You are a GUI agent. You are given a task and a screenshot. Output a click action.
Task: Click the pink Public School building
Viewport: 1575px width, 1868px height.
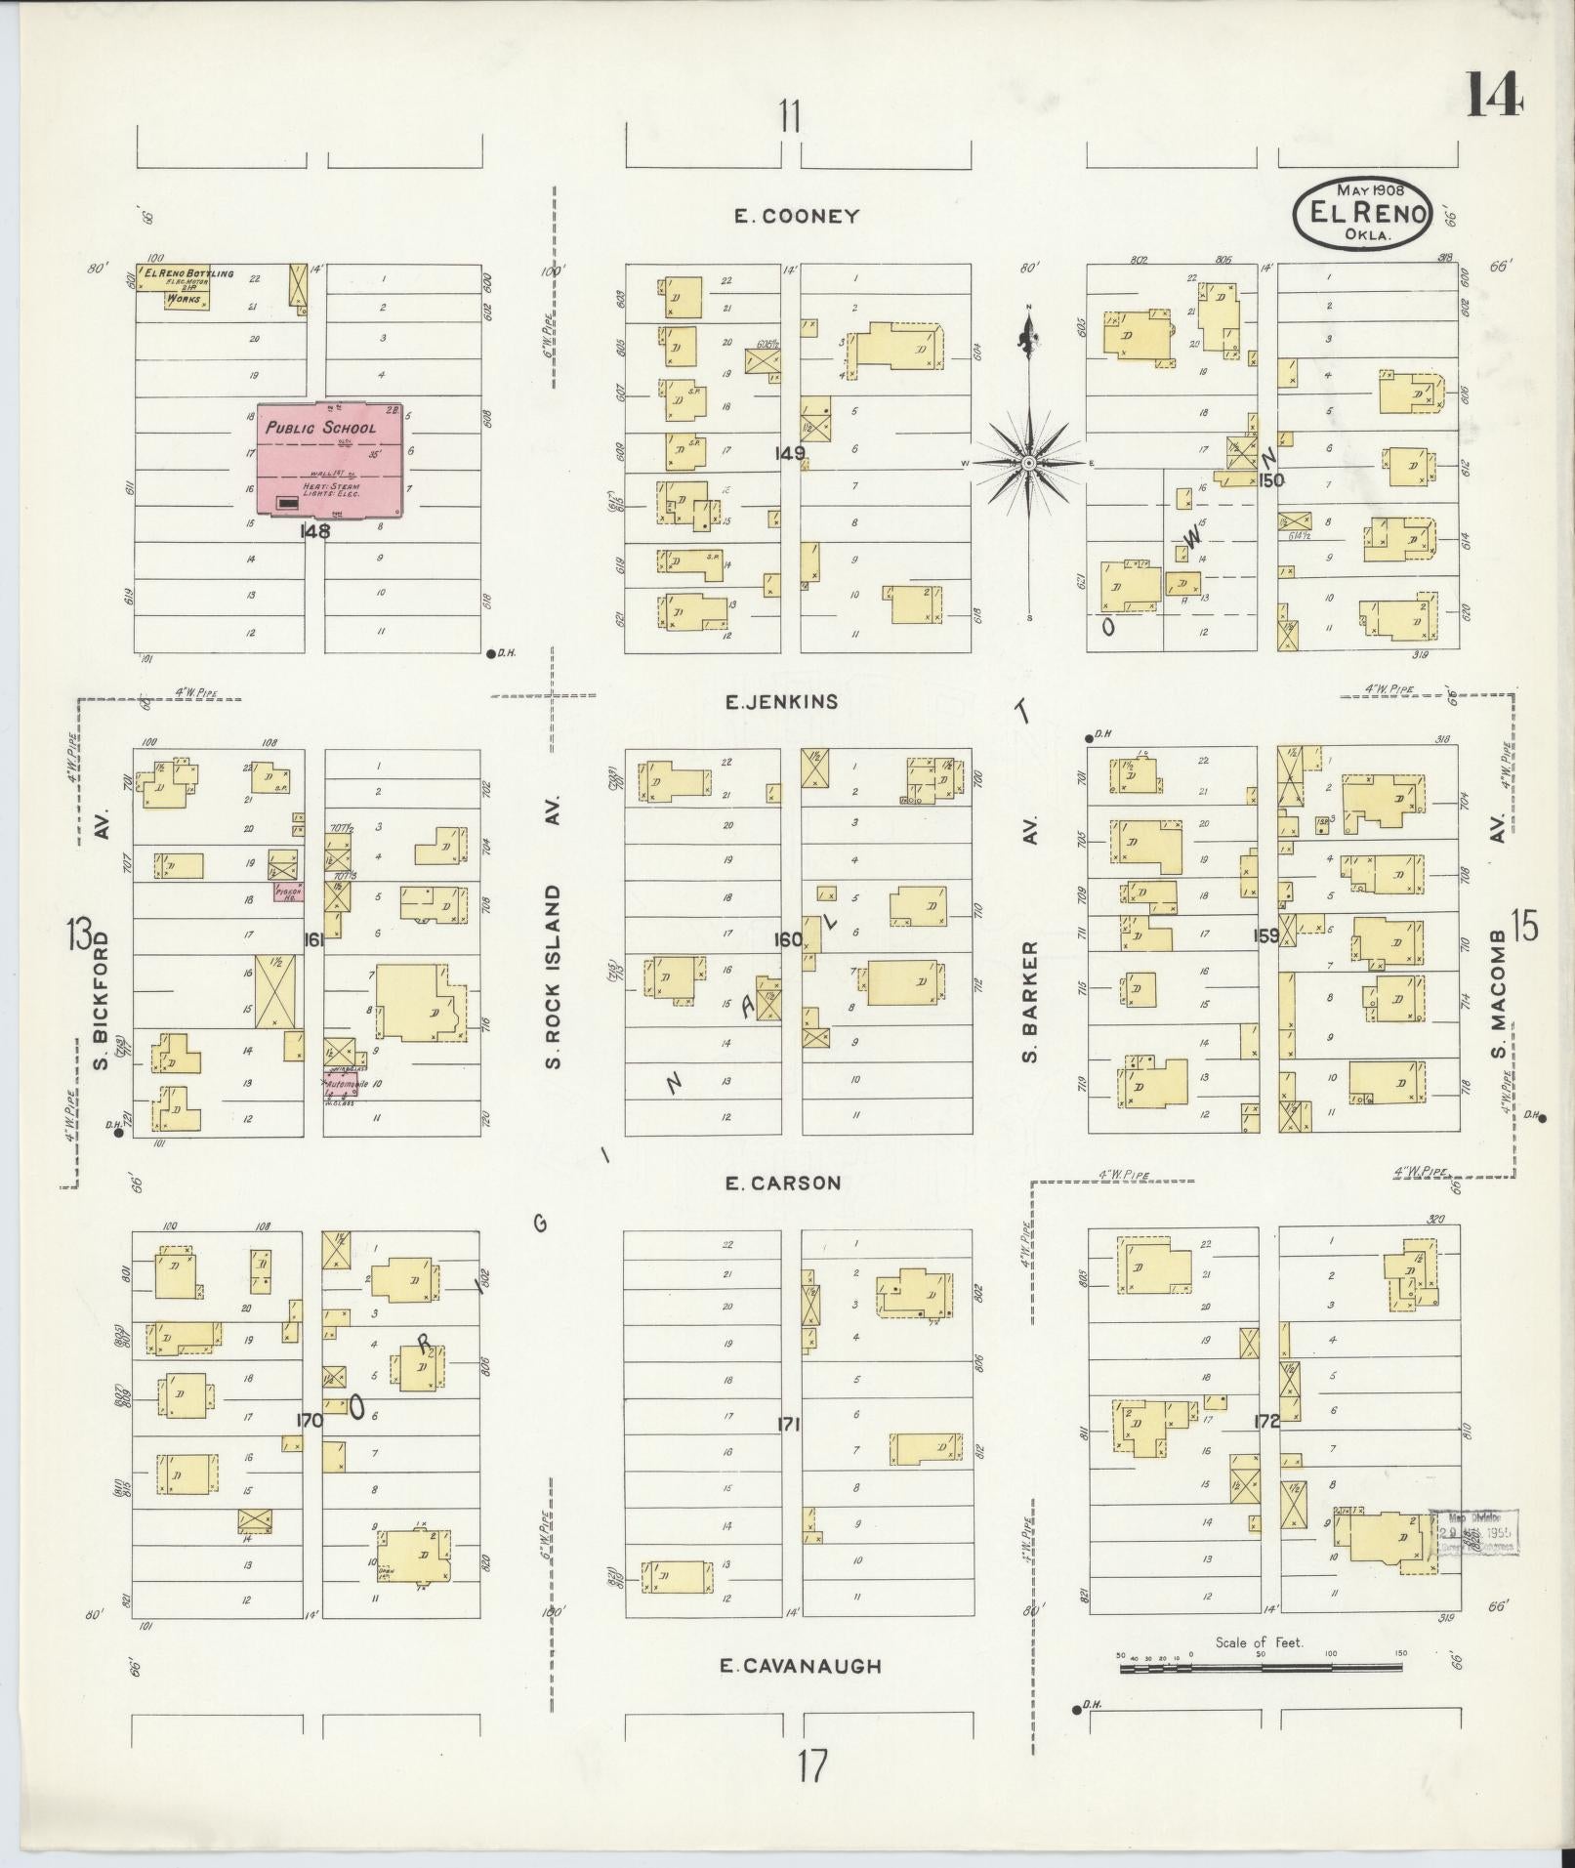click(x=330, y=458)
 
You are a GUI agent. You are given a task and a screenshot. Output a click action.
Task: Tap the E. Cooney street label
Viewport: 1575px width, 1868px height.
click(x=797, y=217)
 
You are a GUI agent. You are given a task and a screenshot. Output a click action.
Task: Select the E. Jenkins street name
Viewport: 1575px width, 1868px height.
click(x=781, y=701)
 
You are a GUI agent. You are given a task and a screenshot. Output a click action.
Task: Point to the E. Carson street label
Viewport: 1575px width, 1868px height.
click(x=783, y=1183)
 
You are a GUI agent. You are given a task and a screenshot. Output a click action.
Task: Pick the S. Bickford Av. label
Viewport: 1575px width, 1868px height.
click(x=101, y=976)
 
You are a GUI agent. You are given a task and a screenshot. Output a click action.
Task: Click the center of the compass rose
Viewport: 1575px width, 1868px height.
click(x=1028, y=462)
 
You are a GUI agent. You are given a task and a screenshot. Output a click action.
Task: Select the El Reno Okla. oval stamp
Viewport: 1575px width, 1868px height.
click(x=1362, y=213)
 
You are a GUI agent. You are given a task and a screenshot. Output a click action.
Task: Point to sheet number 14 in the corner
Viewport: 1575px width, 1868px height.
click(x=1493, y=96)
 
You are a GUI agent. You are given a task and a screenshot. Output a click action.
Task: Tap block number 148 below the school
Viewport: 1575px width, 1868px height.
click(x=314, y=531)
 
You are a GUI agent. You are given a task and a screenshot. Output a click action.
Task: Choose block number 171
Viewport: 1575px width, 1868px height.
click(x=789, y=1425)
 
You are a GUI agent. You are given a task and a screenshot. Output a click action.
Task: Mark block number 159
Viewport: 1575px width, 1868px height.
click(x=1266, y=935)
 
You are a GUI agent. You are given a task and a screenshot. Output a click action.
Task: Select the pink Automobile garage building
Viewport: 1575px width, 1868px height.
click(x=342, y=1084)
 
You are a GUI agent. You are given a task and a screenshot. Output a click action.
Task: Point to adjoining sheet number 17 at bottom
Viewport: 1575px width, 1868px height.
click(x=810, y=1766)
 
